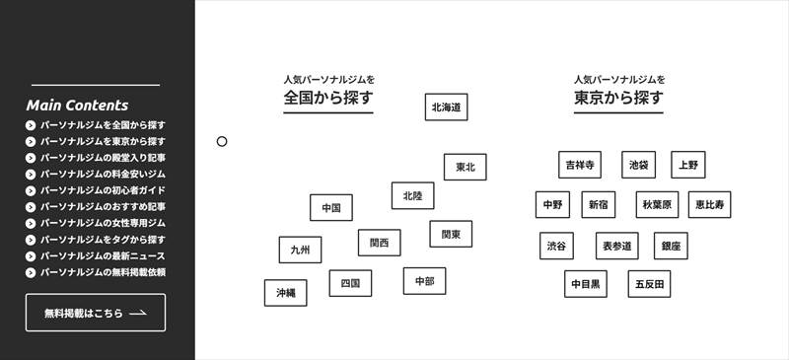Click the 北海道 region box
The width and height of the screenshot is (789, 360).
tap(446, 107)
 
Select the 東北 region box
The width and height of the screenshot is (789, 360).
tap(465, 168)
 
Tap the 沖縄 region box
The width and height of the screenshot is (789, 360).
tap(285, 293)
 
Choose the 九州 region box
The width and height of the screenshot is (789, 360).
tap(300, 251)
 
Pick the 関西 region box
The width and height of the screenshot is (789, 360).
tap(379, 243)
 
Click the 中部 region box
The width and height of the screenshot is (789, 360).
tap(424, 281)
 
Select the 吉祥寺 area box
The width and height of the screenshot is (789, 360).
tap(579, 165)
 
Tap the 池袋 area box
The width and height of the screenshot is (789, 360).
tap(638, 165)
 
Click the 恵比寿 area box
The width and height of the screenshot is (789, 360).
tap(709, 205)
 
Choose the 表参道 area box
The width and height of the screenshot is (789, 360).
tap(616, 246)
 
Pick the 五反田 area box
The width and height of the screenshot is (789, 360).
tap(650, 284)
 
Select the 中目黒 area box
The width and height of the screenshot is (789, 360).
tap(586, 284)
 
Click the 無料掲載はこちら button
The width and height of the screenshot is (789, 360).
tap(96, 313)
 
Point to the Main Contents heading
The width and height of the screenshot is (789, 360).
tap(77, 106)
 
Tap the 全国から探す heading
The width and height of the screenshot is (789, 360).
tap(328, 99)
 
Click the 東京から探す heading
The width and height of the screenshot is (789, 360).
tap(618, 99)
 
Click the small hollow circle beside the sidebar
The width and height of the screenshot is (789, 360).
tap(222, 142)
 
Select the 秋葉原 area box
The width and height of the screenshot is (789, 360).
tap(657, 205)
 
